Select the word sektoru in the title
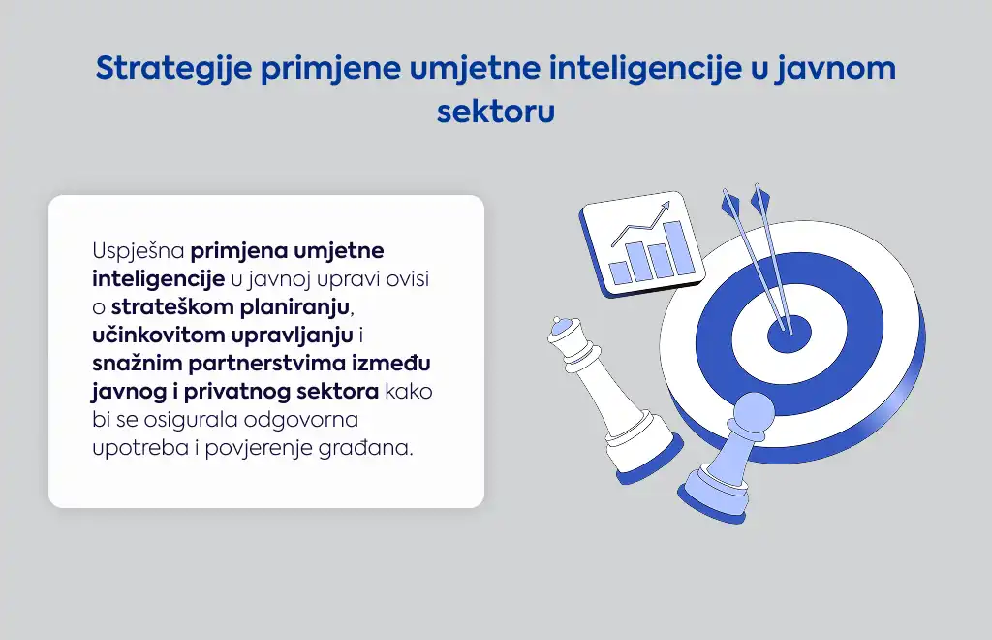click(496, 111)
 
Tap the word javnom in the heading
click(836, 69)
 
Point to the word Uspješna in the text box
click(139, 251)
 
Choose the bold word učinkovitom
click(158, 335)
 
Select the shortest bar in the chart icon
click(621, 273)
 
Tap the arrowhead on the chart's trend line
click(665, 207)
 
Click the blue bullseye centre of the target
click(790, 334)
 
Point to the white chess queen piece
click(607, 399)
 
